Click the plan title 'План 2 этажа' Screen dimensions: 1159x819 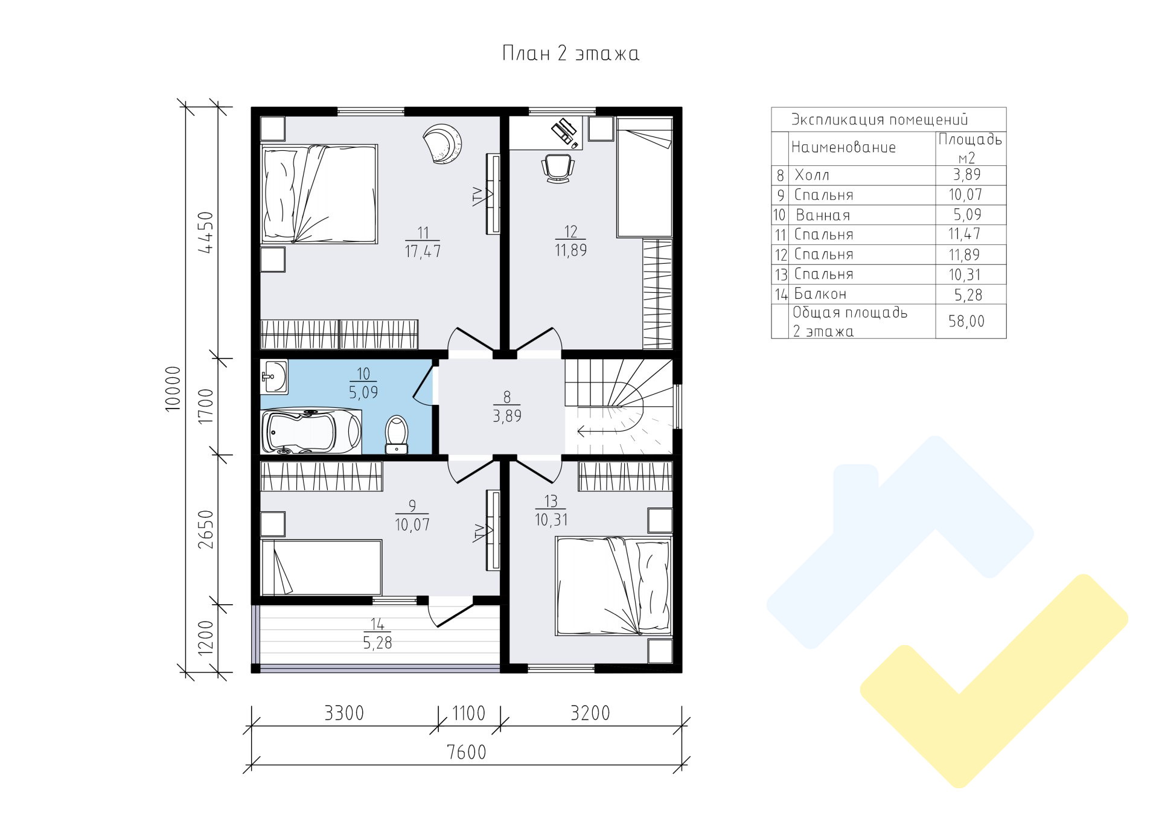click(570, 54)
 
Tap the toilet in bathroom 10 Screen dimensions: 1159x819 click(397, 434)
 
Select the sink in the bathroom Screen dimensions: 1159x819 click(275, 377)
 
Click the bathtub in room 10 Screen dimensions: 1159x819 click(311, 431)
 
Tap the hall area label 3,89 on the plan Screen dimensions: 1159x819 click(507, 416)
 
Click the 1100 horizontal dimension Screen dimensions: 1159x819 click(469, 713)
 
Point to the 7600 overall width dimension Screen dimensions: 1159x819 click(467, 752)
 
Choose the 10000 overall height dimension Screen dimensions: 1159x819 click(173, 388)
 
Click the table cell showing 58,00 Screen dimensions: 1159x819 click(966, 322)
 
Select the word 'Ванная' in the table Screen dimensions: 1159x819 click(823, 215)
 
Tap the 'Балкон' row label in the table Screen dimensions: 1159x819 click(820, 295)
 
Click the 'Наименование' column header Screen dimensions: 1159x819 click(843, 147)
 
